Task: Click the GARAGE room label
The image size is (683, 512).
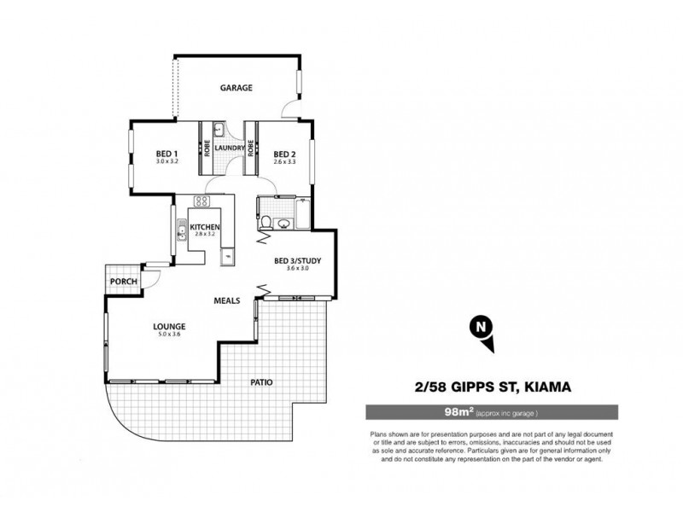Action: point(236,88)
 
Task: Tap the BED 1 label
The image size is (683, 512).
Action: point(166,154)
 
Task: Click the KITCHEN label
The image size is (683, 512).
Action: point(206,226)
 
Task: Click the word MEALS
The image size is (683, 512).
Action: point(226,300)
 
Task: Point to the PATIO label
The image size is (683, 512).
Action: point(260,382)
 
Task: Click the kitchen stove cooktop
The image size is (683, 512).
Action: point(202,201)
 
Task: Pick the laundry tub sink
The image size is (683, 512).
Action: point(217,131)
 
